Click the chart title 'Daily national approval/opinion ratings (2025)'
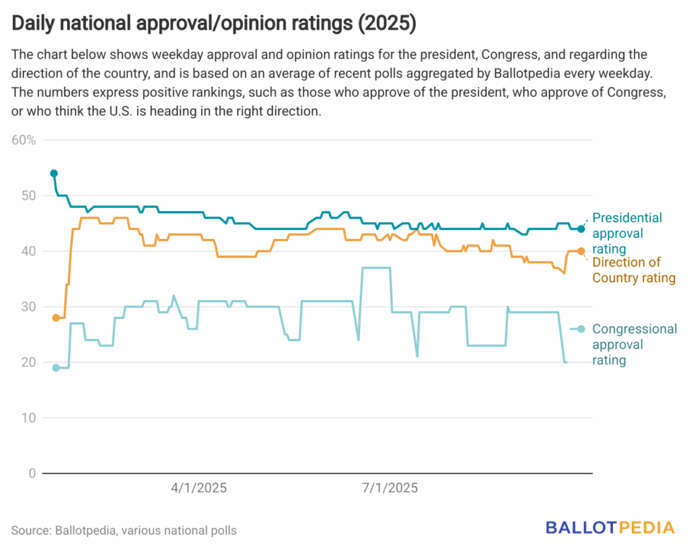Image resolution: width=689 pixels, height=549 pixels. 213,24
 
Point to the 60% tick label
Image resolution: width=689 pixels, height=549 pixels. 24,140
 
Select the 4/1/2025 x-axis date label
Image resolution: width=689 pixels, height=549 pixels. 198,488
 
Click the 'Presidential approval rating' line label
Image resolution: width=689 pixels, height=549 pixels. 626,233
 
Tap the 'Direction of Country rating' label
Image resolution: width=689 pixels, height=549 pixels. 633,270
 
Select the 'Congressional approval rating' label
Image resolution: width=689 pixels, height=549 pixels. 634,344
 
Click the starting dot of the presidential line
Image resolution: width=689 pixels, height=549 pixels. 54,174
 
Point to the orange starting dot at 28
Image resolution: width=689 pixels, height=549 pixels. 56,318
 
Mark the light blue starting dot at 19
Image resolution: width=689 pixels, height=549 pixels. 56,368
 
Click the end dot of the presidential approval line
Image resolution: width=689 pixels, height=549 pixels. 581,229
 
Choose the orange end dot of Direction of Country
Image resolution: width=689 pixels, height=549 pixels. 581,252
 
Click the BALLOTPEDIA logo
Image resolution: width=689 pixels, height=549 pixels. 610,527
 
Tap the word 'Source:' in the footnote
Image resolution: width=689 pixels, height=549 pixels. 30,530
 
